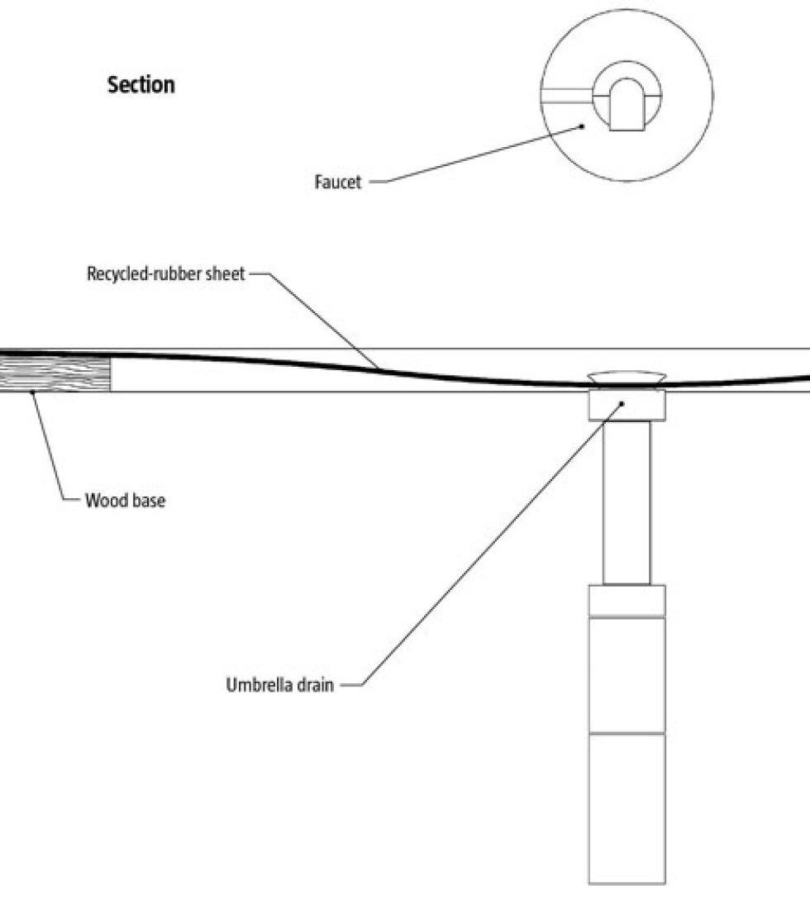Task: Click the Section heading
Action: [x=141, y=85]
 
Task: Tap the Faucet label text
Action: [x=338, y=183]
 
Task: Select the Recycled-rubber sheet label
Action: [x=166, y=274]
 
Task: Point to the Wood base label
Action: [x=125, y=501]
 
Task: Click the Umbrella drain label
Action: [x=279, y=686]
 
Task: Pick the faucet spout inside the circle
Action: [x=626, y=107]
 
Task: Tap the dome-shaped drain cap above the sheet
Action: [x=627, y=377]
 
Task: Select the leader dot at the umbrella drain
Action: [x=622, y=402]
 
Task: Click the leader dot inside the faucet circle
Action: [x=583, y=126]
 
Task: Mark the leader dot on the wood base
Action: [x=32, y=392]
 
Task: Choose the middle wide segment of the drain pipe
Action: [x=627, y=674]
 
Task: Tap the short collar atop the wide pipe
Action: [x=627, y=601]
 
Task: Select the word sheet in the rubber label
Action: [x=227, y=274]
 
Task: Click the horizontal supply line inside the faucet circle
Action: [x=567, y=95]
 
